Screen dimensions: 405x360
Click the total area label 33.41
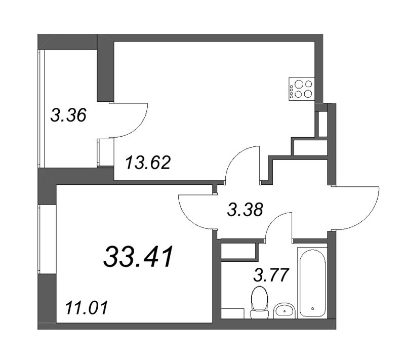pyautogui.click(x=138, y=256)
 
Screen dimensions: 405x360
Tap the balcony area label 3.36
pyautogui.click(x=68, y=115)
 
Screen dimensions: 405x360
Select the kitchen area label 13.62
pyautogui.click(x=148, y=163)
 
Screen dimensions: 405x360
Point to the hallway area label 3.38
pyautogui.click(x=245, y=210)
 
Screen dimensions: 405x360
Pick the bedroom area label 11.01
pyautogui.click(x=86, y=308)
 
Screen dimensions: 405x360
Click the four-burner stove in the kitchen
pyautogui.click(x=301, y=89)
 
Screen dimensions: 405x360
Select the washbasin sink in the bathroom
pyautogui.click(x=284, y=311)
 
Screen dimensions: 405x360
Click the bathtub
pyautogui.click(x=312, y=283)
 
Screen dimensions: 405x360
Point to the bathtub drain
pyautogui.click(x=312, y=308)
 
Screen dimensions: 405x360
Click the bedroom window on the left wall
pyautogui.click(x=39, y=239)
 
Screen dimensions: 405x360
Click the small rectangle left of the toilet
pyautogui.click(x=233, y=313)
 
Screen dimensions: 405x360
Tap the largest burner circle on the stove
pyautogui.click(x=299, y=84)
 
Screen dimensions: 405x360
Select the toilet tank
pyautogui.click(x=259, y=314)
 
